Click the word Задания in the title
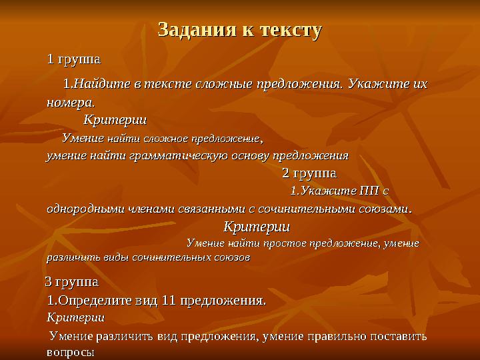pos(190,30)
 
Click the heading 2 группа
pos(309,173)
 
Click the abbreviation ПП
pos(368,191)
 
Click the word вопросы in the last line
pos(70,352)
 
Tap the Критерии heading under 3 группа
pos(75,317)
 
